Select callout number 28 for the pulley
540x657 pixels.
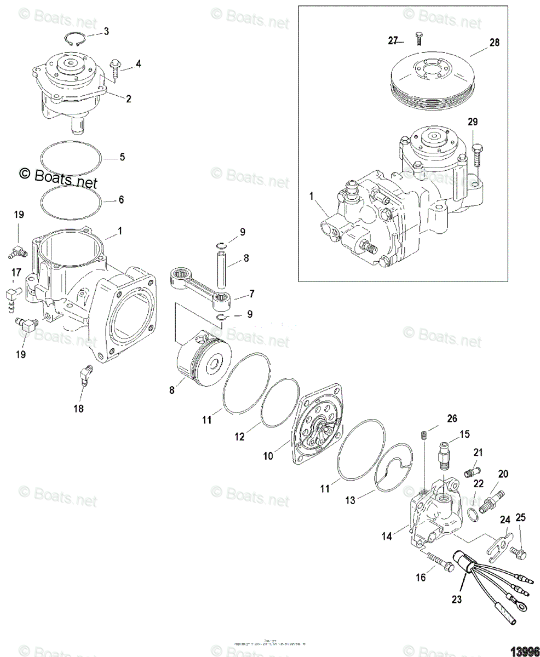click(494, 43)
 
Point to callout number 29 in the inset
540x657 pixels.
click(472, 122)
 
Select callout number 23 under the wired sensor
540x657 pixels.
click(457, 599)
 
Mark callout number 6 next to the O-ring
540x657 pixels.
click(121, 200)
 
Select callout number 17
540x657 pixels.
click(16, 272)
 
